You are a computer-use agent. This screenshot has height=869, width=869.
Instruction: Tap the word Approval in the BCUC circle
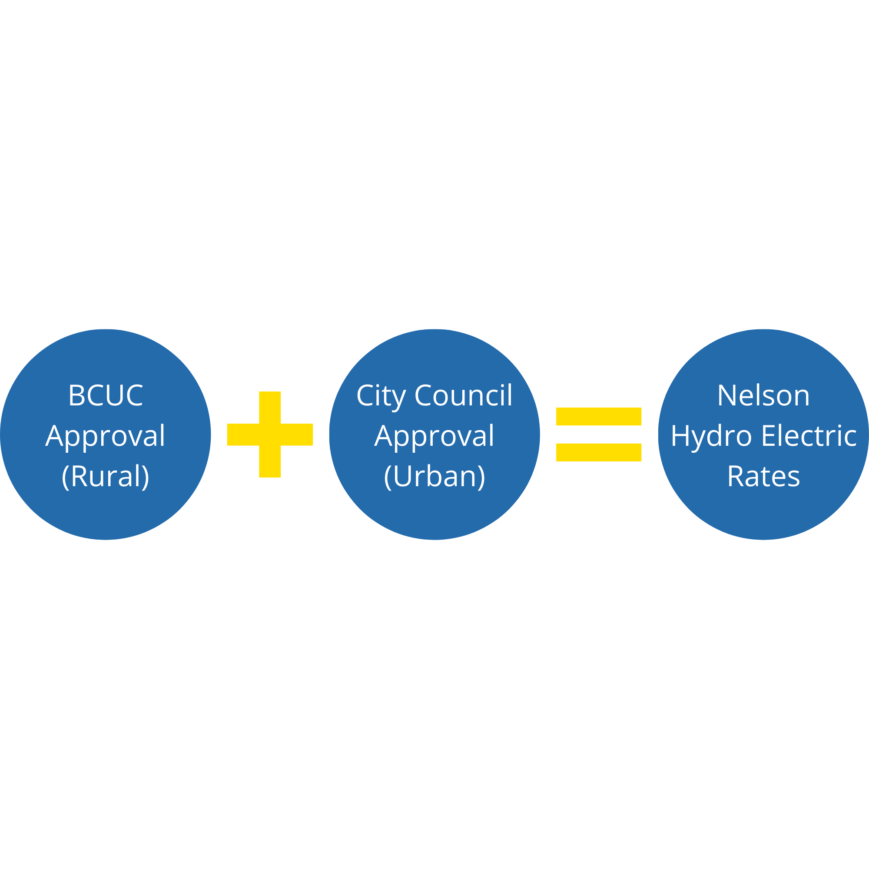106,436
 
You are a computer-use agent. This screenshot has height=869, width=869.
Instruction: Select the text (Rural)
106,476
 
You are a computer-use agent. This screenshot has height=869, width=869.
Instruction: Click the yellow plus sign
270,434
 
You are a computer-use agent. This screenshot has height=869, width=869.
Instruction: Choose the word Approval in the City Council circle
434,436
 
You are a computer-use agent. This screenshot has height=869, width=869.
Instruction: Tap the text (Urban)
434,476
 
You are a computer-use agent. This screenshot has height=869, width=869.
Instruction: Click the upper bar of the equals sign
599,417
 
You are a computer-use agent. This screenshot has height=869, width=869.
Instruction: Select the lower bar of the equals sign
599,452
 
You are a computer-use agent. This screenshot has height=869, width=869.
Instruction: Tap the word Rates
764,476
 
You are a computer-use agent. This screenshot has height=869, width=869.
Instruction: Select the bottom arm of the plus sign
270,461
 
